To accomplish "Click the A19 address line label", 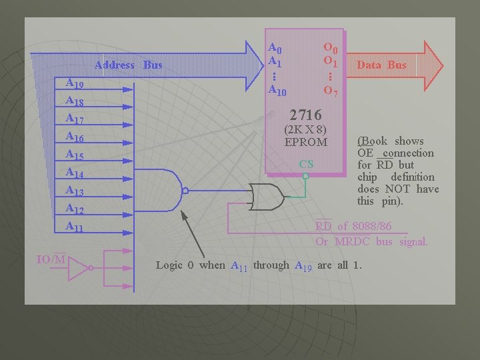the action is (75, 84).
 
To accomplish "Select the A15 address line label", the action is (75, 155).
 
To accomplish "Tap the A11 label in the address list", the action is (75, 227).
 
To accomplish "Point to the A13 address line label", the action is (75, 191).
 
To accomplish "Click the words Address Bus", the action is (129, 65).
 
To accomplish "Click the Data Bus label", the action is (381, 65).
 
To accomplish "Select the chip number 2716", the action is (306, 116).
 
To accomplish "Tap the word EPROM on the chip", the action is (306, 142).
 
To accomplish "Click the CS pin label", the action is (306, 164).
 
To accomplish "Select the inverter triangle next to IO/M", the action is (80, 268).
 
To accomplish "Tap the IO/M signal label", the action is (51, 259).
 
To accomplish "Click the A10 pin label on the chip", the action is (277, 90).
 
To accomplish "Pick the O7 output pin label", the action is (331, 90).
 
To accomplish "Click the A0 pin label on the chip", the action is (275, 48).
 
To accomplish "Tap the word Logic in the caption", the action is (169, 265).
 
